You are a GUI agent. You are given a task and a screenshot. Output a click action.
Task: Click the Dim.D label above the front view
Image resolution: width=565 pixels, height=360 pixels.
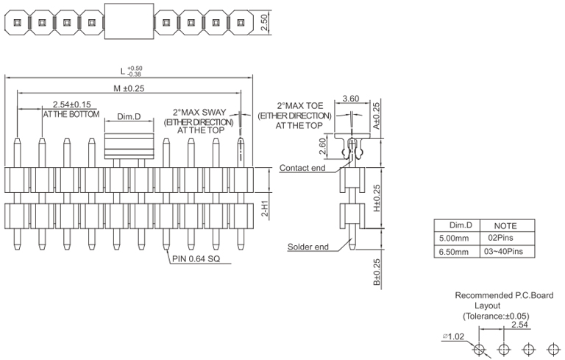click(129, 118)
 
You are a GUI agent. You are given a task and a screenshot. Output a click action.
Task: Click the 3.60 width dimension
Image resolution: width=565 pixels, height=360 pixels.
click(351, 98)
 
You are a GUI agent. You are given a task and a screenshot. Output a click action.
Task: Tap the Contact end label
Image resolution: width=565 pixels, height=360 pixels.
click(302, 168)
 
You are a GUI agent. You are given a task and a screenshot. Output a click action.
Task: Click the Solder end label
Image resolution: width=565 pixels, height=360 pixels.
click(308, 247)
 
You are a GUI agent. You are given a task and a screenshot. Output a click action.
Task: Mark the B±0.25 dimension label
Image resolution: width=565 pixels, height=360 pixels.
click(377, 272)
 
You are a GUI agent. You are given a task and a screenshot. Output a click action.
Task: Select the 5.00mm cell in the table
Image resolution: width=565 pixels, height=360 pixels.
click(453, 239)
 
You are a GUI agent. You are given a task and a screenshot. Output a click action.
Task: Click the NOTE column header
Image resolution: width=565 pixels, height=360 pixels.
click(505, 225)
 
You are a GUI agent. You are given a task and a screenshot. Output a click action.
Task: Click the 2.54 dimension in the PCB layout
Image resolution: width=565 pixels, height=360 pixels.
click(520, 324)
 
